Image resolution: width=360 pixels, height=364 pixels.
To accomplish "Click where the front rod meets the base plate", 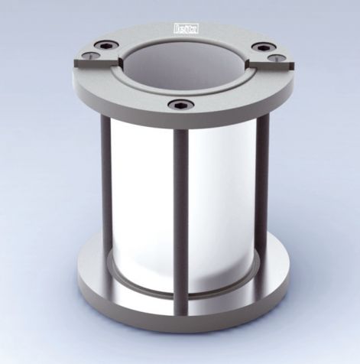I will coord(181,310).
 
